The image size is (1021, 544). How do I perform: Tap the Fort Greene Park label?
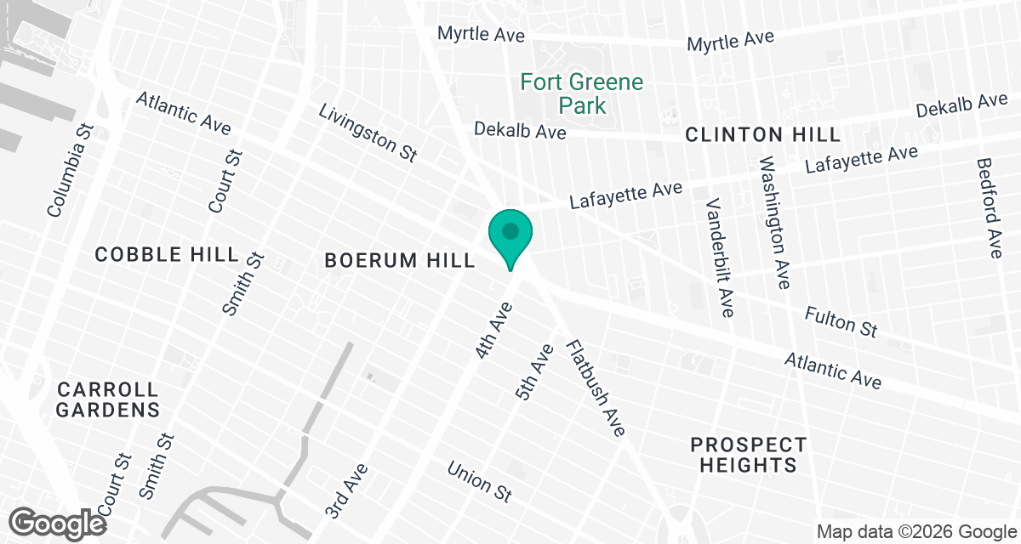coord(582,94)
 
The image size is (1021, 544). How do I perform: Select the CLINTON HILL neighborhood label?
coord(762,134)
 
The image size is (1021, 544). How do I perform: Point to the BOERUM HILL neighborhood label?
coord(400,261)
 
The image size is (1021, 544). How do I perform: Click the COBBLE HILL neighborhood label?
coord(167,254)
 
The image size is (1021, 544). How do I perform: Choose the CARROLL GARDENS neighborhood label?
coord(108,399)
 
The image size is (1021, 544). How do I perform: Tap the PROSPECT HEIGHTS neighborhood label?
coord(748,455)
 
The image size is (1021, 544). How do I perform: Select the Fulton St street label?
coord(841,322)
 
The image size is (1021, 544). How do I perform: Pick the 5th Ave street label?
coord(534,371)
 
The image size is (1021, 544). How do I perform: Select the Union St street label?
coord(480,482)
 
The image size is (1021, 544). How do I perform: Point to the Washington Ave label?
coord(775,222)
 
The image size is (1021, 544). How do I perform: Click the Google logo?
coord(58,522)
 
